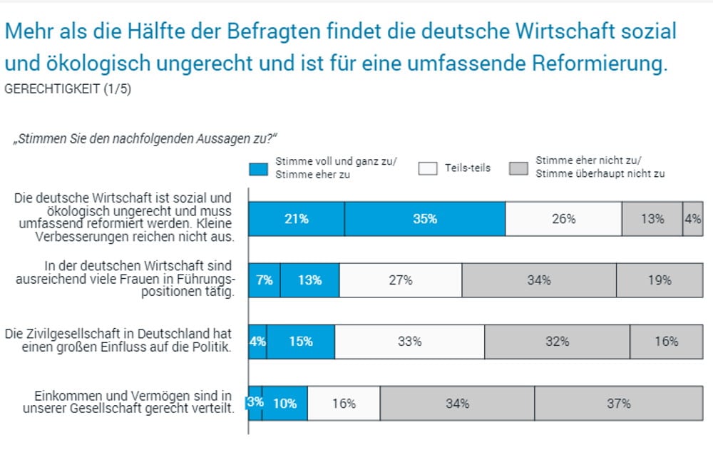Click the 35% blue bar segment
[x=425, y=219]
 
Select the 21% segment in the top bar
[x=296, y=219]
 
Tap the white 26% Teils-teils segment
[x=563, y=219]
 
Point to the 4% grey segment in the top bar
[x=692, y=219]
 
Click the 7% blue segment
[x=265, y=280]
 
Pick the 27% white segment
[x=401, y=280]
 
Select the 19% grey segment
[x=660, y=280]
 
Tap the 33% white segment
[x=409, y=342]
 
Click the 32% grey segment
[x=557, y=342]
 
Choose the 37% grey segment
[x=618, y=403]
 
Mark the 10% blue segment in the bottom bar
[x=285, y=403]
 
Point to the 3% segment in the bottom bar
[x=255, y=403]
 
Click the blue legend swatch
[x=258, y=169]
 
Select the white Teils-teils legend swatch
[x=428, y=169]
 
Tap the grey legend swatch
[x=518, y=169]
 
